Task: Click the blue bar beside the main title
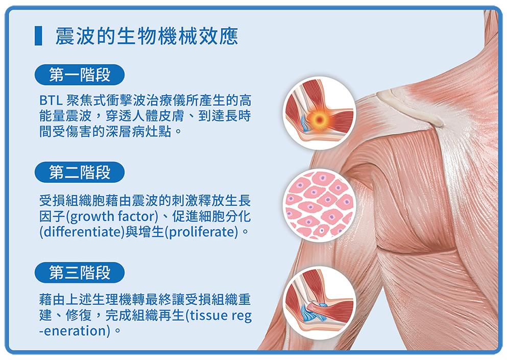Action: coord(38,36)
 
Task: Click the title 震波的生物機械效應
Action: coord(147,36)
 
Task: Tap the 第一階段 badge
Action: coord(80,75)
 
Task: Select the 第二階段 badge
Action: coord(80,172)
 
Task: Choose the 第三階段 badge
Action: coord(80,273)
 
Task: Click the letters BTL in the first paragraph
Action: coord(51,101)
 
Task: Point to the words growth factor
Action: coord(113,217)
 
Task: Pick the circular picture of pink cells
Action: coord(320,205)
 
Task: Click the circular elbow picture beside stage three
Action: coord(320,303)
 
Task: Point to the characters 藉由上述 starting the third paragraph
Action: coord(66,300)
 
